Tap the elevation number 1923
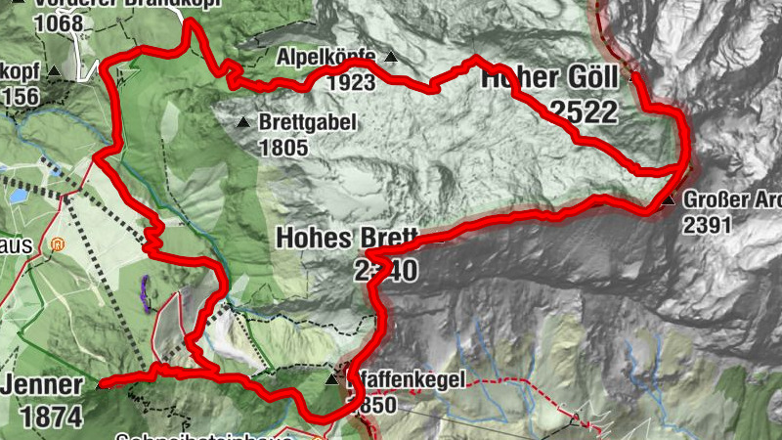tap(352, 83)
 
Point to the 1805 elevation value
tap(283, 149)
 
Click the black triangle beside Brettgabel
tap(242, 122)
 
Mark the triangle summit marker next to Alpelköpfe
tap(392, 57)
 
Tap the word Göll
tap(587, 78)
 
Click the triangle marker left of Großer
tap(668, 200)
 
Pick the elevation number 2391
tap(707, 225)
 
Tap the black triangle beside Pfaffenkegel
tap(331, 378)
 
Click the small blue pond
tap(19, 196)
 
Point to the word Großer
tap(718, 199)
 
